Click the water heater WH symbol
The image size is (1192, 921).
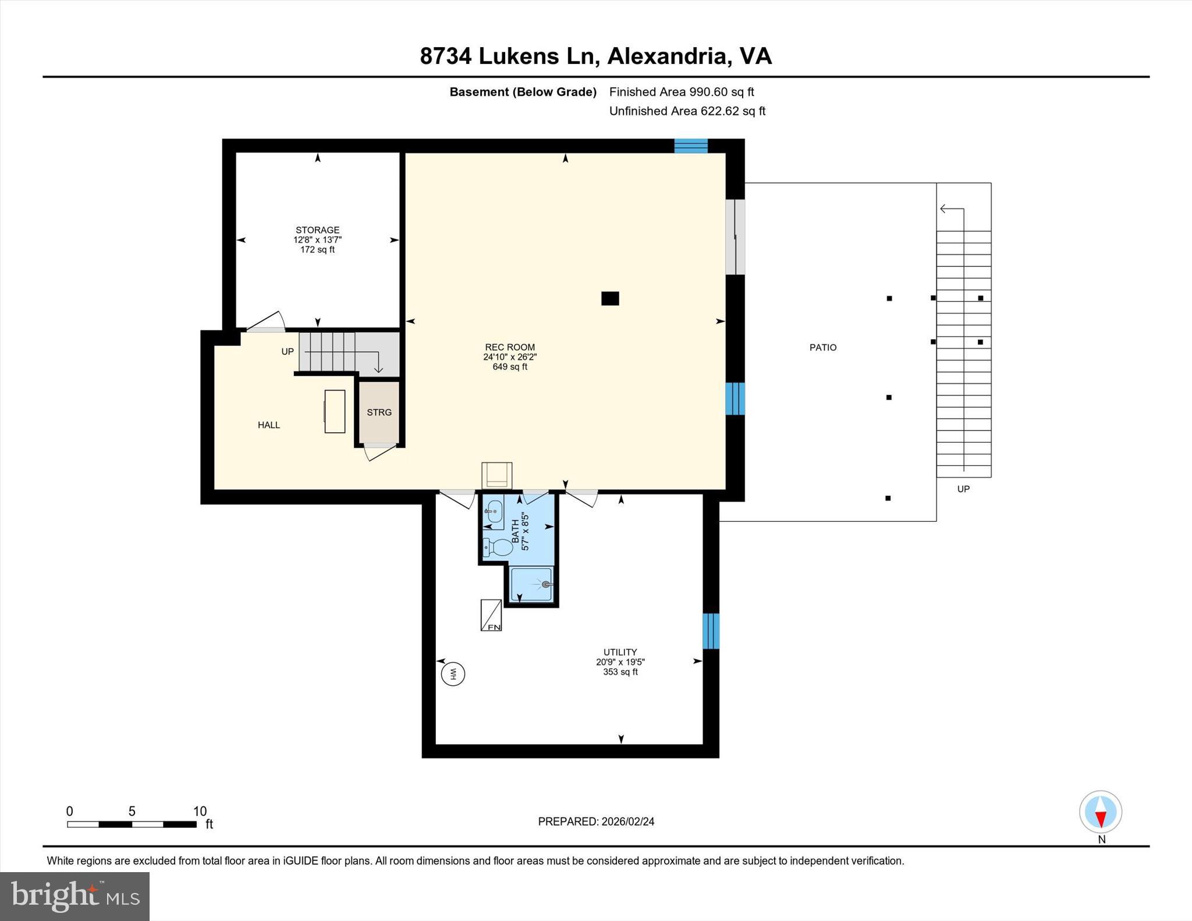453,674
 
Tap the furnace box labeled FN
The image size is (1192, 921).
491,616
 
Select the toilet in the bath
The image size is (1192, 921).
499,547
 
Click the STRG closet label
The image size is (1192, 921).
379,412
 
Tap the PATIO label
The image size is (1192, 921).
823,347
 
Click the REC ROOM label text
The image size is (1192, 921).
510,347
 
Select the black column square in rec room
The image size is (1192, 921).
610,298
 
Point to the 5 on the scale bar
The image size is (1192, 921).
132,812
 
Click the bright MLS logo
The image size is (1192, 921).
74,896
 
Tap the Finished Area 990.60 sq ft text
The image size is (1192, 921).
682,92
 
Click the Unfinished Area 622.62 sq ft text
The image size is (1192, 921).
687,111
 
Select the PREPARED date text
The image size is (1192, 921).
596,822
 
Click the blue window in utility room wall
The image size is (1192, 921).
711,631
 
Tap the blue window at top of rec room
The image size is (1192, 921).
691,145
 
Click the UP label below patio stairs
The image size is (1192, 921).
963,489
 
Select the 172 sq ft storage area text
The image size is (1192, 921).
317,250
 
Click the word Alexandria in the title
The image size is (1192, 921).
668,56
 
